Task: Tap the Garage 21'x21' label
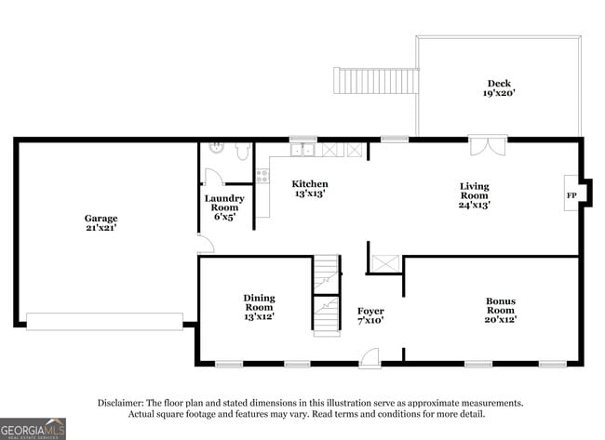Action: coord(101,223)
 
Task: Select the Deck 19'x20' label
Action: coord(500,87)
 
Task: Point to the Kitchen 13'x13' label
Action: coord(310,189)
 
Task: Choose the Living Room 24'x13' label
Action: coord(474,195)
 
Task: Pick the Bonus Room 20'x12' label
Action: coord(500,310)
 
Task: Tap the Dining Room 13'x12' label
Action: coord(259,307)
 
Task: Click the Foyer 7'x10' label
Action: coord(370,315)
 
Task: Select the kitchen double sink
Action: coord(302,149)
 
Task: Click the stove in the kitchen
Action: coord(262,176)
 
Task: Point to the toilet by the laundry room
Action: coord(241,149)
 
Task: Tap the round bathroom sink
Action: coord(216,148)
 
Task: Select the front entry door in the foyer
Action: coord(370,357)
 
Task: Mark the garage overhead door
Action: coord(104,321)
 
